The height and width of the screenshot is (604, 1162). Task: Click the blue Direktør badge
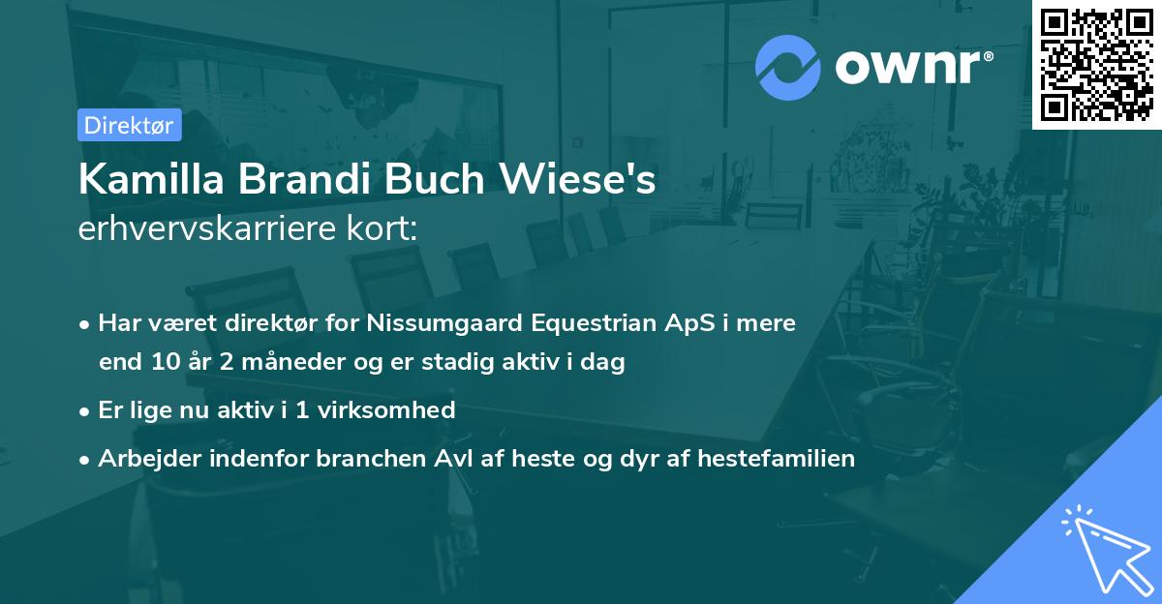pos(129,125)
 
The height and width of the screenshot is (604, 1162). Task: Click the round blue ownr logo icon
pos(787,69)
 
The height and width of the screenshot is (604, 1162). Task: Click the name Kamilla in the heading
pos(146,180)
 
